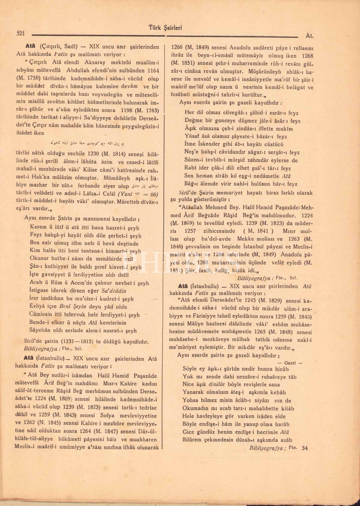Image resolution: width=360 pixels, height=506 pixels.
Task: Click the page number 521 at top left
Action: (x=21, y=33)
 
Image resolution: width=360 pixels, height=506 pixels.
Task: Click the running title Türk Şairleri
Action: (x=165, y=28)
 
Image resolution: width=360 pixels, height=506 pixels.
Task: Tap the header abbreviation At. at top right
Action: (x=309, y=35)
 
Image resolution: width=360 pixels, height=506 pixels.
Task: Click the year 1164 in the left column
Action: (x=152, y=71)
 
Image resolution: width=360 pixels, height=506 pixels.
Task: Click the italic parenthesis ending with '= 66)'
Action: (x=138, y=194)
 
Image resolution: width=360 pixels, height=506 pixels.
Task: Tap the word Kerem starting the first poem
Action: (x=38, y=227)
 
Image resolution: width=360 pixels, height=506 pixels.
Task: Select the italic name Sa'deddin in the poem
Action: (x=114, y=291)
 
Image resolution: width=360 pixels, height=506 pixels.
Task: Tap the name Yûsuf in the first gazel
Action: (x=192, y=136)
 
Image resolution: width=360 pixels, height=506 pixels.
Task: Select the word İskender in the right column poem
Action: (x=209, y=144)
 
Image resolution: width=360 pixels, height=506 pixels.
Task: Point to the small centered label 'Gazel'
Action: (x=290, y=363)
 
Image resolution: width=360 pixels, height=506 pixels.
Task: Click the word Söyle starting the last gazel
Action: (x=189, y=369)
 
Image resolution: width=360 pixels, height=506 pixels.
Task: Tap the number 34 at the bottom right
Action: (x=305, y=448)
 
